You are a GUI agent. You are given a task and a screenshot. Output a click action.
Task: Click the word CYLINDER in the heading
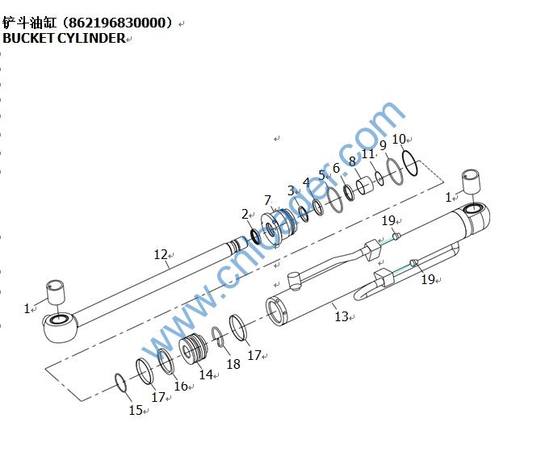pyautogui.click(x=91, y=38)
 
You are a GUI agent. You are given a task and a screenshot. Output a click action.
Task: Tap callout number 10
pyautogui.click(x=399, y=139)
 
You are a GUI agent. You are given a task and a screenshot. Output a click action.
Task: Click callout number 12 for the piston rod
pyautogui.click(x=161, y=254)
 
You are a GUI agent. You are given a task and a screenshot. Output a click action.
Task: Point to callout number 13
pyautogui.click(x=342, y=316)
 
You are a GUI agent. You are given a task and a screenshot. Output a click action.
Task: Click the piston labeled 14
pyautogui.click(x=193, y=349)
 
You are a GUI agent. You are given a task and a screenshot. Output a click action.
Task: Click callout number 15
pyautogui.click(x=136, y=410)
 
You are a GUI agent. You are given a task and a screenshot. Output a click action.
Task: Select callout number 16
pyautogui.click(x=181, y=386)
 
